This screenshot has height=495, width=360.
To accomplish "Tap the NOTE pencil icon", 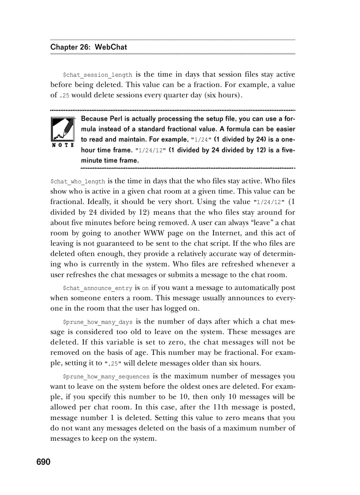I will tap(61, 130).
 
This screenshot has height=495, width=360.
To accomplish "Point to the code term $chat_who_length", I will tap(78, 182).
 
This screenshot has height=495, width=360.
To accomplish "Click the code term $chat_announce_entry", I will tap(97, 288).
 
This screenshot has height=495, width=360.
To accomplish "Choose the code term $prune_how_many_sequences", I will tap(107, 377).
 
